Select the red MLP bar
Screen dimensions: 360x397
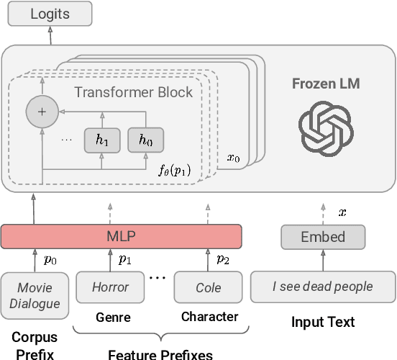point(122,236)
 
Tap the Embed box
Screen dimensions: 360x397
point(322,236)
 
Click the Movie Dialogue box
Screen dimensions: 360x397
point(35,295)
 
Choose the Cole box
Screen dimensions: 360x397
point(209,287)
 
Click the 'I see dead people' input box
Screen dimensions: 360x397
point(322,287)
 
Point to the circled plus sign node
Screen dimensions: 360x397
point(41,112)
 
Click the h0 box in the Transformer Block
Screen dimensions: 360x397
point(145,141)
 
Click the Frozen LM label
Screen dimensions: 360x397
point(325,84)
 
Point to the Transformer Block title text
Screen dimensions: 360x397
point(133,92)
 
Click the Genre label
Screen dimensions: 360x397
point(113,317)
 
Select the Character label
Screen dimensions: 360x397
point(209,317)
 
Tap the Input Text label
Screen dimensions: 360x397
point(322,322)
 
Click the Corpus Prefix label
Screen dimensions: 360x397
point(35,344)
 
